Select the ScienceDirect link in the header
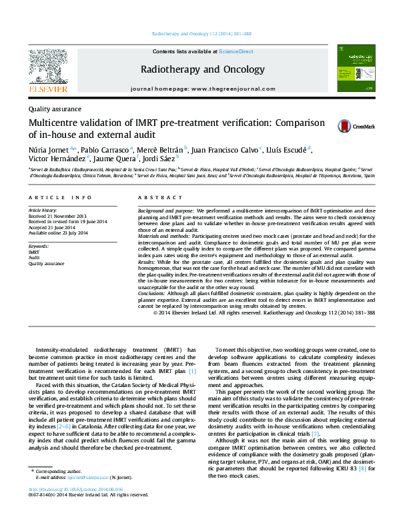point(237,51)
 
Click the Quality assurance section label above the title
point(55,109)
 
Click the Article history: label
point(43,210)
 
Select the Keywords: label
point(39,247)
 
